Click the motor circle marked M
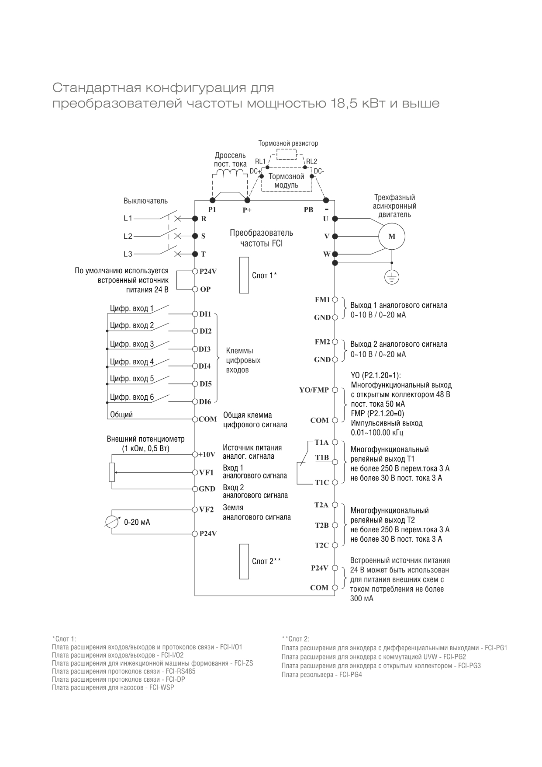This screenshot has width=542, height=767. [391, 237]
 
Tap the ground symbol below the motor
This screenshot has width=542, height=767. [392, 277]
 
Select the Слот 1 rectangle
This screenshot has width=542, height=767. [244, 275]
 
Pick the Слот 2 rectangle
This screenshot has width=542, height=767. [244, 561]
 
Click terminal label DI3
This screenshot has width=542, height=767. [205, 349]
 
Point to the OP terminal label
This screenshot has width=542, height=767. [205, 289]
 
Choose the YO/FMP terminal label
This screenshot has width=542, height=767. [314, 390]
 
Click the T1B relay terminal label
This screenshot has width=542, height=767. [322, 457]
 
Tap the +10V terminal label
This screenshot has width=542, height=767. [207, 454]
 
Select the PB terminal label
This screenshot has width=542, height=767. [308, 209]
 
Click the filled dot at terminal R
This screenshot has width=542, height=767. [195, 218]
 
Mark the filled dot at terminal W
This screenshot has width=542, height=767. [335, 254]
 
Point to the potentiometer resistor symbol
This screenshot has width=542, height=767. [112, 472]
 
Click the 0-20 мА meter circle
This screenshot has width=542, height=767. [113, 522]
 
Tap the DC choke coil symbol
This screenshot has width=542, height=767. [233, 173]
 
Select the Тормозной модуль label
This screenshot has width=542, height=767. [286, 181]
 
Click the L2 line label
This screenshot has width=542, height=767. [128, 236]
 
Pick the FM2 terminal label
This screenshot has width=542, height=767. [322, 342]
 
